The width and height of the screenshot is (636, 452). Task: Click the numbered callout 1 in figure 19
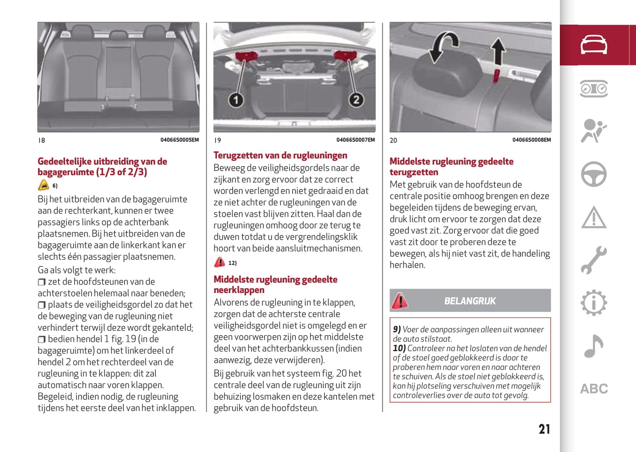pos(236,100)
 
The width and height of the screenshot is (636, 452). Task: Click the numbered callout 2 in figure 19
pos(356,100)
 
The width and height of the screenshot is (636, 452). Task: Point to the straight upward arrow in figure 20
pos(498,51)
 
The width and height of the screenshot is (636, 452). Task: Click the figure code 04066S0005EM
pos(180,140)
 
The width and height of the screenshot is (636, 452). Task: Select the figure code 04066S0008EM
pos(531,140)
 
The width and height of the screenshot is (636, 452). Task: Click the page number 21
pos(544,429)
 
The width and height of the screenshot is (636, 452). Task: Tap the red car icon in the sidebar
pos(594,45)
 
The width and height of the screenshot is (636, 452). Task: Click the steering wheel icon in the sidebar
pos(594,174)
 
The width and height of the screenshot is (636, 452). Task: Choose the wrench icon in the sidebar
pos(594,260)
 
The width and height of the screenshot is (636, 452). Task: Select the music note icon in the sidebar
pos(594,346)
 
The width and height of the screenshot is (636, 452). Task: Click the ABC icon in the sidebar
pos(594,389)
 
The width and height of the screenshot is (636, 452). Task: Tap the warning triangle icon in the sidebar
pos(594,218)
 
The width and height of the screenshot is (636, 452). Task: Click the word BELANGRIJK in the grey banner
pos(470,301)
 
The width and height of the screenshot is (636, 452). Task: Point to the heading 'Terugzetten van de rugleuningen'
pos(280,156)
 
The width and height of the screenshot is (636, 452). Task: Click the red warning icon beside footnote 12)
pos(219,263)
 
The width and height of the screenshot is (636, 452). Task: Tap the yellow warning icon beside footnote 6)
pos(43,185)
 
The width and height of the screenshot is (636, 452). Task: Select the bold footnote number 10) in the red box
pos(399,348)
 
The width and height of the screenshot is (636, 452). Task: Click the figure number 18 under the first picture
pos(41,140)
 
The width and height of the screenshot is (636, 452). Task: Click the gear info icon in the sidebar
pos(594,303)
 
